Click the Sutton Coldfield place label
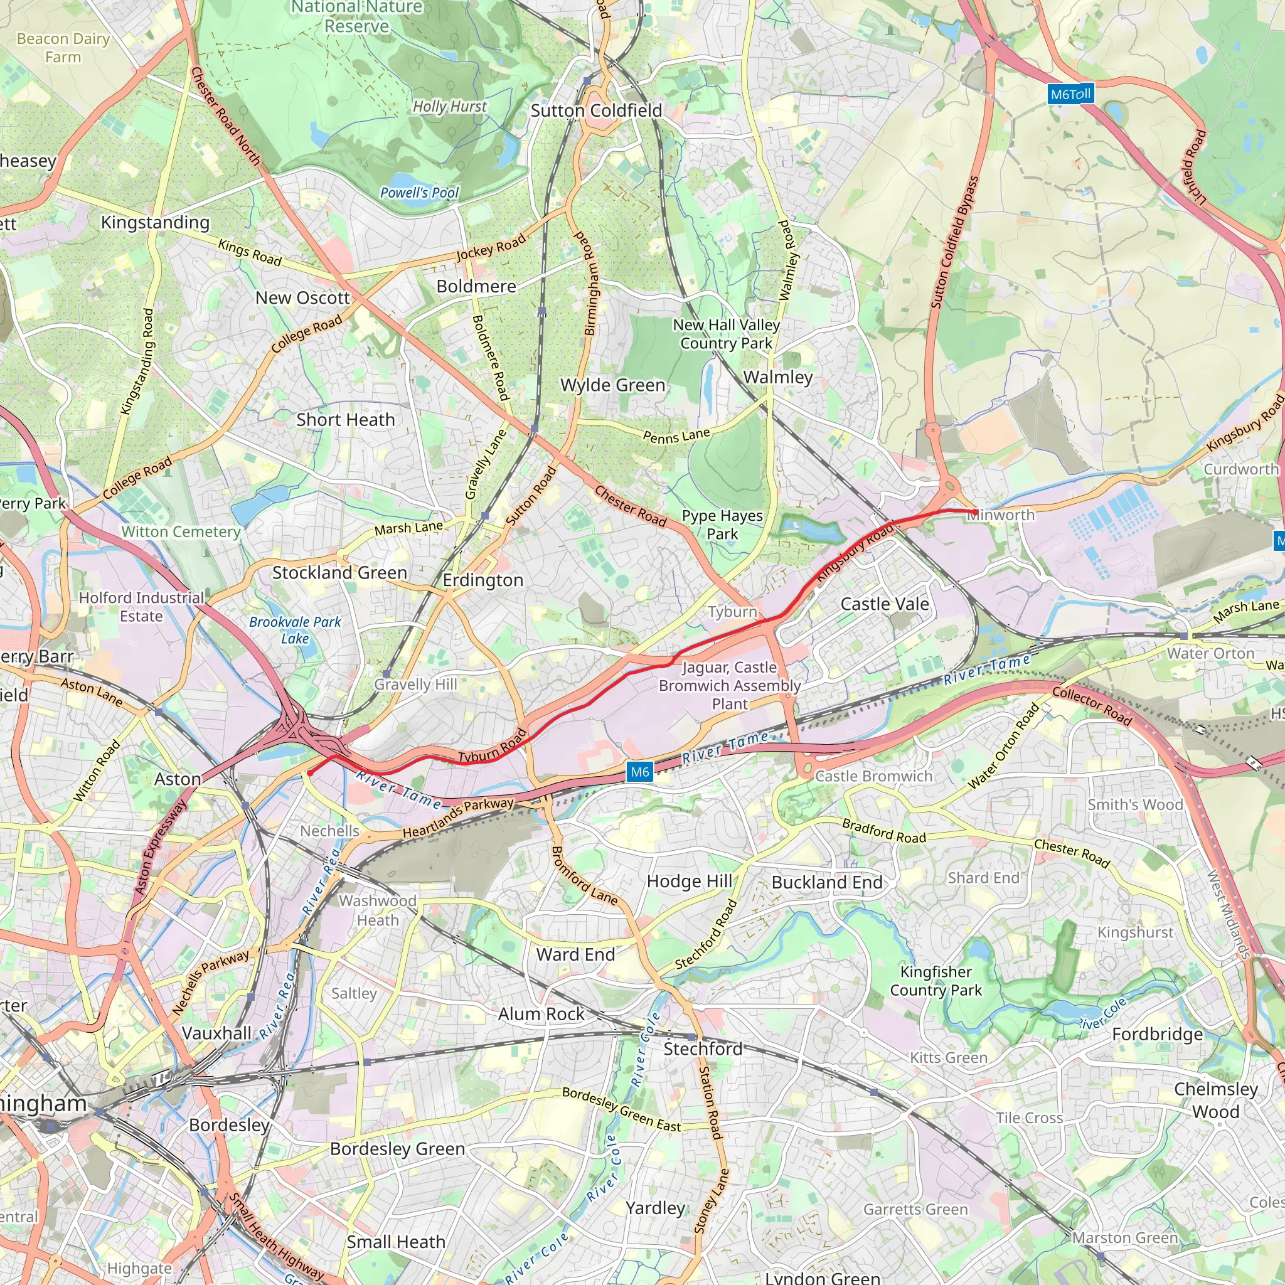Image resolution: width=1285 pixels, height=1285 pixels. click(x=596, y=110)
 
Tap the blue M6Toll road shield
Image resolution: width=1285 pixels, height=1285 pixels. click(x=1070, y=93)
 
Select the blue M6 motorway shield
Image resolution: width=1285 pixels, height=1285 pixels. click(x=640, y=772)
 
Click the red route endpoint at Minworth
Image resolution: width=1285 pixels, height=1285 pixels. click(x=974, y=512)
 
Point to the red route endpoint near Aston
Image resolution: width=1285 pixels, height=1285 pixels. click(x=309, y=773)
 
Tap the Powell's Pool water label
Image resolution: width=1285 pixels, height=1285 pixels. click(x=419, y=193)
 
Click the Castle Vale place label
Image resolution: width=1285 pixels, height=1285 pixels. click(x=885, y=604)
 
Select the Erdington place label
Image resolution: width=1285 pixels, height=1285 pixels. click(x=483, y=580)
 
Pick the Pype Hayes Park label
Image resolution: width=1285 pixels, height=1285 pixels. click(x=722, y=525)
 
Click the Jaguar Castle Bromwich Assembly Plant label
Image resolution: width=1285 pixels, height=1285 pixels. click(x=730, y=685)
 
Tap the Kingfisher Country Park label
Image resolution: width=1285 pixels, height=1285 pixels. click(x=936, y=981)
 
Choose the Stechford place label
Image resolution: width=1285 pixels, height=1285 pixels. click(x=702, y=1049)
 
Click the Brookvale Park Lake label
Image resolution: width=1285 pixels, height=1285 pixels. click(x=295, y=630)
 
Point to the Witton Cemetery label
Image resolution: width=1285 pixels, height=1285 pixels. click(x=181, y=531)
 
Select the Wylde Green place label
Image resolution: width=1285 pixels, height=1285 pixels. click(x=612, y=385)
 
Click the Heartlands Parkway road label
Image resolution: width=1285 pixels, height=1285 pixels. click(x=458, y=818)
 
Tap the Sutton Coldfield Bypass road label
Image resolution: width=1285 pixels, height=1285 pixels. click(x=955, y=243)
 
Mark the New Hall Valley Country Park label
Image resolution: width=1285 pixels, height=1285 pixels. click(x=727, y=334)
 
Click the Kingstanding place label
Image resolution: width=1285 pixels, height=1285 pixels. click(x=155, y=222)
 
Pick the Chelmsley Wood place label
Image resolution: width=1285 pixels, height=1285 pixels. click(x=1216, y=1100)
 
